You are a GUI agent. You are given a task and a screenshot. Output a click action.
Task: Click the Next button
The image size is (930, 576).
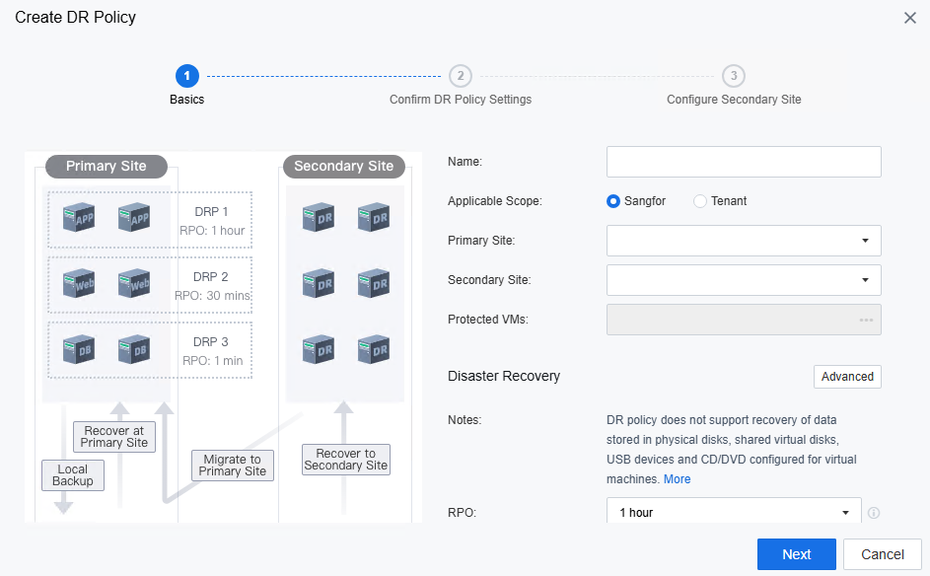(x=796, y=554)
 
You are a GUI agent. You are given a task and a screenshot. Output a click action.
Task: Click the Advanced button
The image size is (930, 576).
(x=847, y=377)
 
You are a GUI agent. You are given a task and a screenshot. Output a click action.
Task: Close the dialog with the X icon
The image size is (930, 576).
(x=910, y=18)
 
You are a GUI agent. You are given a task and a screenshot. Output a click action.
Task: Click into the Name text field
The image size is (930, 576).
(x=744, y=162)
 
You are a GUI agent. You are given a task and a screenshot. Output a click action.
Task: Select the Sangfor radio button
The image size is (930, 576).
(x=613, y=201)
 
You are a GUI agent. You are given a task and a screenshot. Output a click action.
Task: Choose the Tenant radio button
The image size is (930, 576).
(x=700, y=201)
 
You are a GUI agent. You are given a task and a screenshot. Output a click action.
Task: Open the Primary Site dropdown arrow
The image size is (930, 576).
(x=865, y=241)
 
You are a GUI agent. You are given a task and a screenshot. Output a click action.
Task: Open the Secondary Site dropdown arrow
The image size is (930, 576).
(x=865, y=280)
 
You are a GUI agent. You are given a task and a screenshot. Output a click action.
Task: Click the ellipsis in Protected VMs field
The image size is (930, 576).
(x=866, y=320)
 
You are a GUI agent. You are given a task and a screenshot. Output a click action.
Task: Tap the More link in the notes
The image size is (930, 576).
(x=677, y=479)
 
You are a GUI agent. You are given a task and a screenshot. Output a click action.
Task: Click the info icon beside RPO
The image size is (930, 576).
(x=873, y=513)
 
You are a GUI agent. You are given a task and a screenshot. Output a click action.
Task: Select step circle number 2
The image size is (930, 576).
(x=461, y=76)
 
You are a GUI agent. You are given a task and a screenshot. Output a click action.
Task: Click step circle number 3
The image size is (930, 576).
(x=734, y=76)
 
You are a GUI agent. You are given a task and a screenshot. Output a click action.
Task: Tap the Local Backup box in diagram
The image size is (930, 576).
(x=72, y=475)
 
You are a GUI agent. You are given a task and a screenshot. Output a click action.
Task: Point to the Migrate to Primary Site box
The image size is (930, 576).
(x=233, y=466)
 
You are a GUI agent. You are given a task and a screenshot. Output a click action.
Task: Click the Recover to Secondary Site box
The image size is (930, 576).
(x=346, y=460)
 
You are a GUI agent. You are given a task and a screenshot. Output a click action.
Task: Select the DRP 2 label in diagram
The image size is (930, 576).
(x=210, y=277)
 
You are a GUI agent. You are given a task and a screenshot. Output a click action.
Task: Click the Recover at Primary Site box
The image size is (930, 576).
(x=113, y=437)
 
